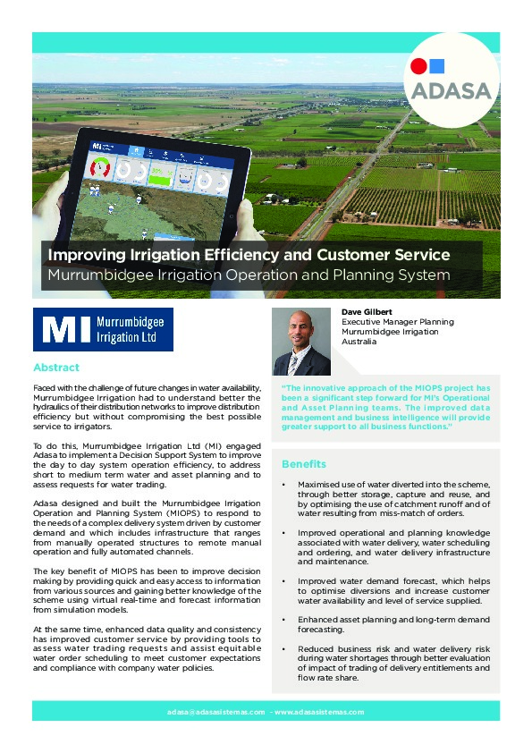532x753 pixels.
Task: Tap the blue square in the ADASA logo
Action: (436, 65)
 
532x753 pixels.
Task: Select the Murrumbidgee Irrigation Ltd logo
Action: (103, 329)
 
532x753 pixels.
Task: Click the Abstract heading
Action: (56, 368)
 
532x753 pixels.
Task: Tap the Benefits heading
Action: (304, 464)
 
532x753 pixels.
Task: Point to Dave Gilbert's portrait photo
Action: (301, 343)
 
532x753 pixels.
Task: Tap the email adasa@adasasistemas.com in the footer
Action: (215, 712)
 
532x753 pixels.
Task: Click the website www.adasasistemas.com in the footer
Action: (320, 712)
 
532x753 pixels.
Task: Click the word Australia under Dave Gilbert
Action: (359, 342)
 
